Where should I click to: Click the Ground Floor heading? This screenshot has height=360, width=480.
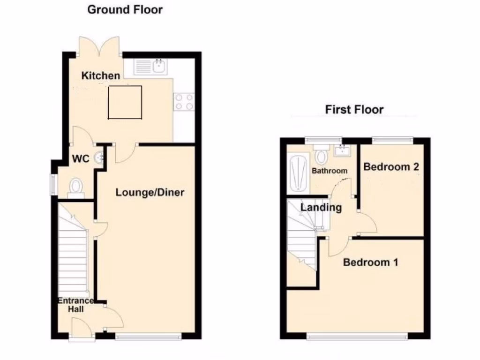coord(125,9)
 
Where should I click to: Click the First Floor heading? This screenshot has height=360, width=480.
coord(354,110)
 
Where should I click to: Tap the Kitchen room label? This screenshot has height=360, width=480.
coord(101,75)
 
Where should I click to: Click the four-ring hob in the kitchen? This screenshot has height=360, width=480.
coord(184,102)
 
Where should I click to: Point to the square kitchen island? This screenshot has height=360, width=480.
coord(125,102)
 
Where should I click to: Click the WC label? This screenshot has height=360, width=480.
coord(80,159)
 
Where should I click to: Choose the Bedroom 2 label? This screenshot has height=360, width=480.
coord(391,167)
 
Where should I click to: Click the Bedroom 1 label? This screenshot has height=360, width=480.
coord(370,262)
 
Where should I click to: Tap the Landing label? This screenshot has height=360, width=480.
coord(321,207)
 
